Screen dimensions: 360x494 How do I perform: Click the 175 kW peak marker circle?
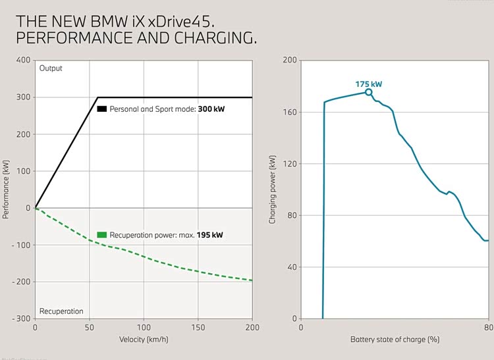pyautogui.click(x=368, y=92)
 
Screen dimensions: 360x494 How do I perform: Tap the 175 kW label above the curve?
pyautogui.click(x=368, y=84)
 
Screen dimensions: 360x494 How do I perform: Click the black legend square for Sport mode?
pyautogui.click(x=101, y=109)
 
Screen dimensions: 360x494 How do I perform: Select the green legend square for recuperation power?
pyautogui.click(x=101, y=234)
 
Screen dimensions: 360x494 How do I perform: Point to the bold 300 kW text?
pyautogui.click(x=211, y=109)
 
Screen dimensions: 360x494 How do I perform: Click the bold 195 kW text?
pyautogui.click(x=210, y=234)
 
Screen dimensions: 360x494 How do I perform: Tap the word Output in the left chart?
pyautogui.click(x=50, y=68)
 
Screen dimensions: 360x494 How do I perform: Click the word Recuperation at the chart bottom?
pyautogui.click(x=61, y=311)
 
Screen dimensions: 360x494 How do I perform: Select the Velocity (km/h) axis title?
pyautogui.click(x=144, y=340)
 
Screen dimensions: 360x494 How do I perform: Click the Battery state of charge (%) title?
pyautogui.click(x=395, y=340)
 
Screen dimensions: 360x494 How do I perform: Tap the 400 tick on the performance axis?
pyautogui.click(x=23, y=60)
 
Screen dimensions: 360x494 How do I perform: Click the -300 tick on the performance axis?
pyautogui.click(x=22, y=319)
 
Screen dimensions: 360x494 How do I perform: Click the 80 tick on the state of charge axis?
pyautogui.click(x=488, y=327)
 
